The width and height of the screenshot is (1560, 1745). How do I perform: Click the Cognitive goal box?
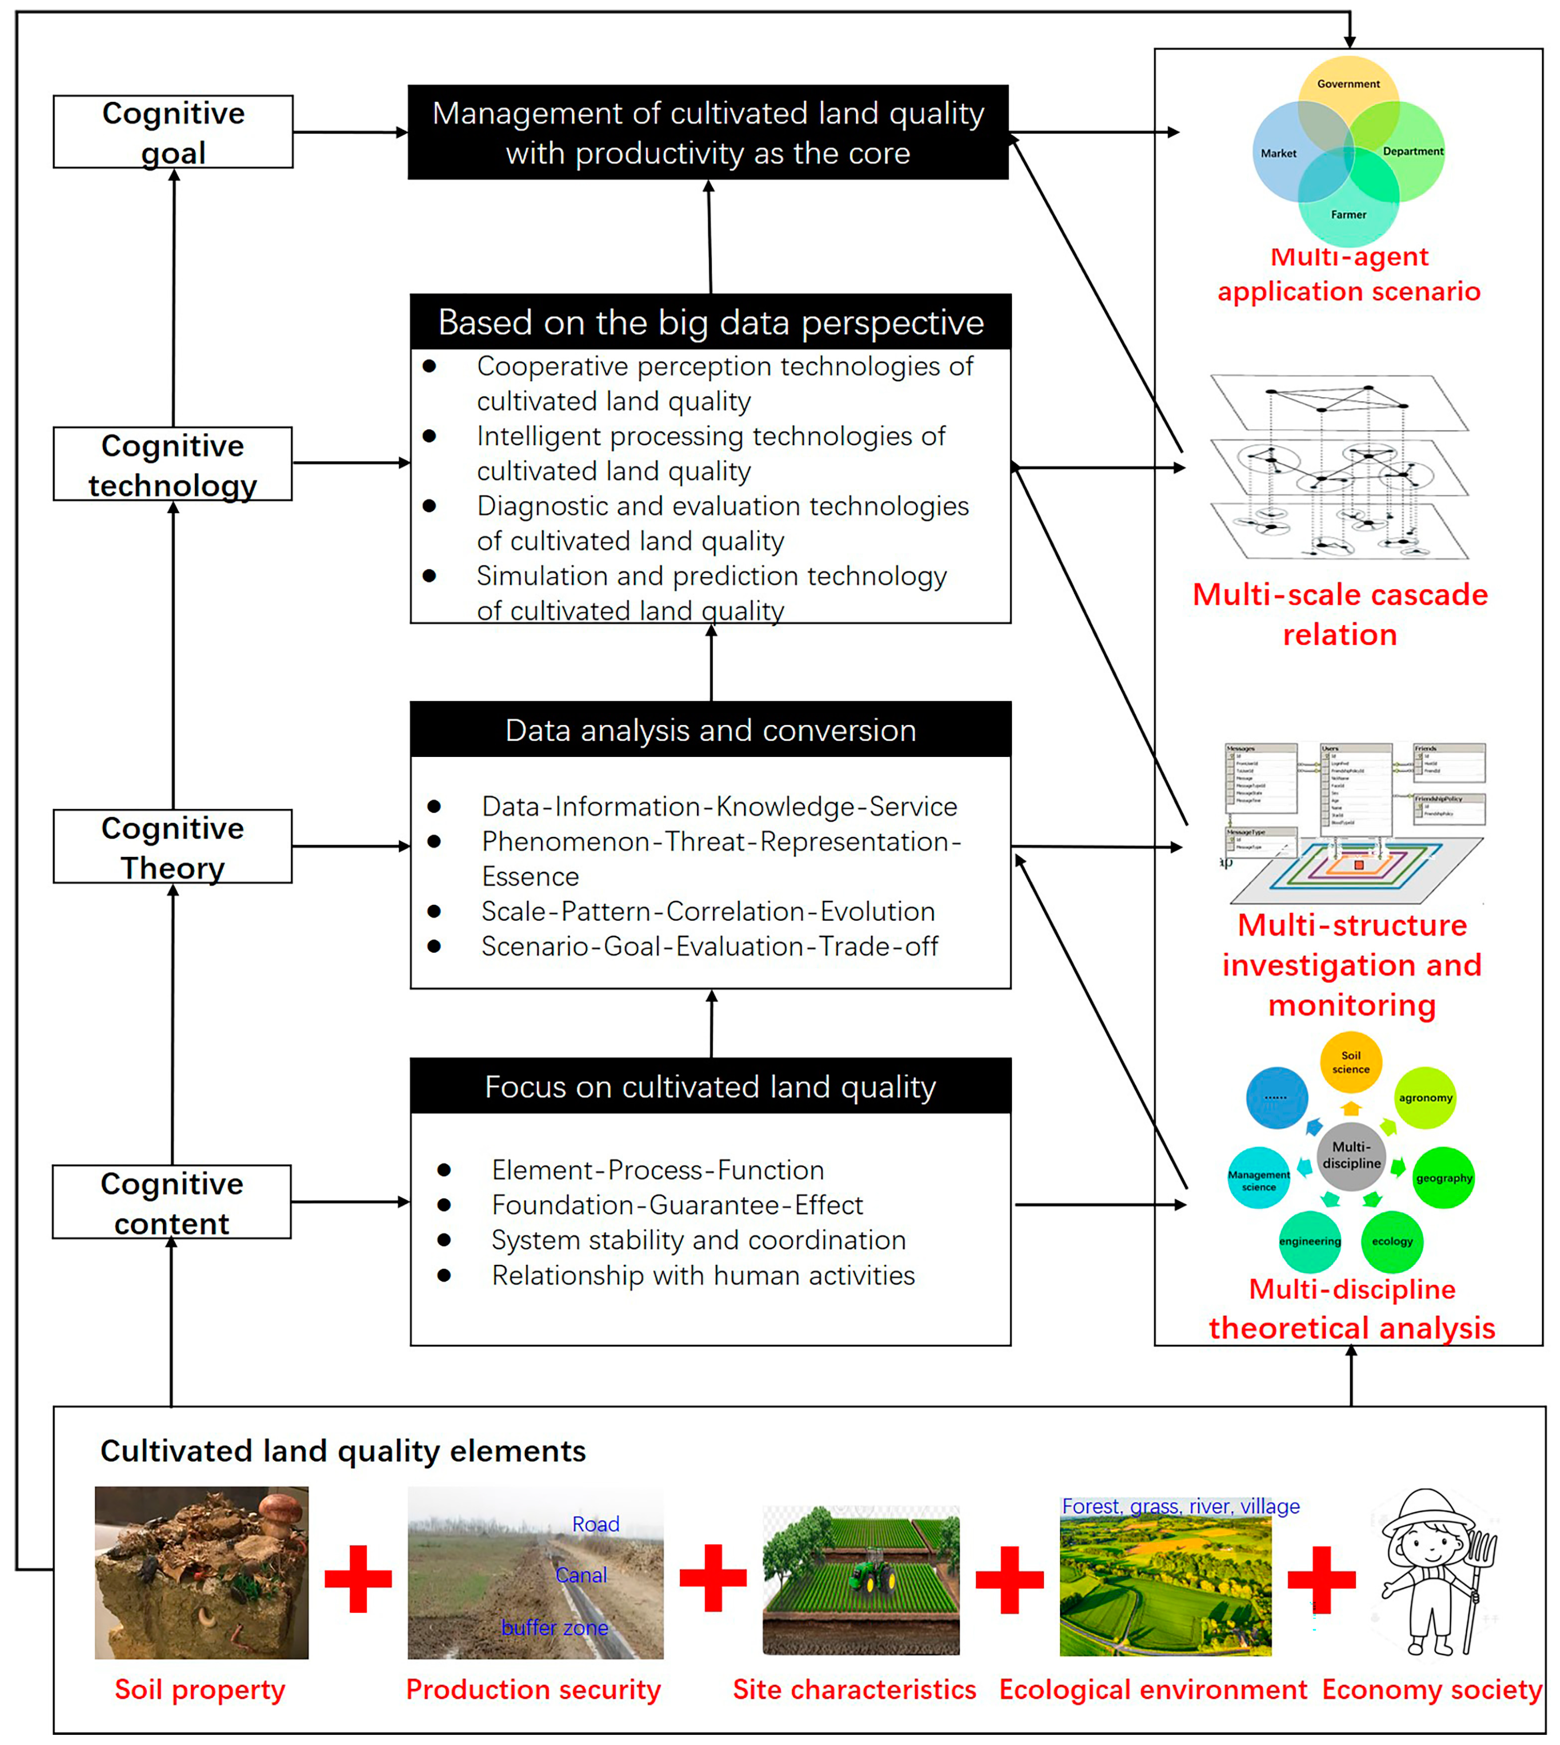[x=173, y=132]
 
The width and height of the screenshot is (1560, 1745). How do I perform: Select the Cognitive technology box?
[x=173, y=464]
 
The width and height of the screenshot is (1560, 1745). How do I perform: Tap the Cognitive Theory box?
[x=173, y=846]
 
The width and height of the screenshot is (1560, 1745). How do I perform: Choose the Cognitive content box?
[x=172, y=1202]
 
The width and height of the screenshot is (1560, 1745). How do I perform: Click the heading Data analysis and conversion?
[x=710, y=730]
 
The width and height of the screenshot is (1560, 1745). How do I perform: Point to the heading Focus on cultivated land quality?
[x=710, y=1087]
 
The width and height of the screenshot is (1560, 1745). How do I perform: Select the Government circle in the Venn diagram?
[x=1348, y=86]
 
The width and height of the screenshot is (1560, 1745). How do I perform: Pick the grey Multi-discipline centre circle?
[x=1351, y=1155]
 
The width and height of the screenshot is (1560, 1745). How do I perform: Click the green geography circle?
[x=1443, y=1178]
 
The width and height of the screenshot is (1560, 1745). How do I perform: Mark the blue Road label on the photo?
[x=596, y=1525]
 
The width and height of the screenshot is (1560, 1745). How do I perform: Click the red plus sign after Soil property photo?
[x=358, y=1579]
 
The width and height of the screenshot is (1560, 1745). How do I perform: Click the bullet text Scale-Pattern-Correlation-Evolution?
[x=708, y=911]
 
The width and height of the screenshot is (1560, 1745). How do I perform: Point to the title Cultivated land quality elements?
[x=343, y=1451]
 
